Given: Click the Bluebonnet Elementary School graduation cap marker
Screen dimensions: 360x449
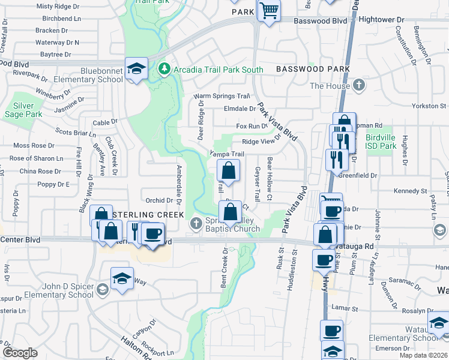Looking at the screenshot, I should coord(136,67).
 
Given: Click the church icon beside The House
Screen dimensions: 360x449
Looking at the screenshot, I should coord(359,85).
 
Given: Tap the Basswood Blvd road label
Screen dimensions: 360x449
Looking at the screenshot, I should coord(320,20).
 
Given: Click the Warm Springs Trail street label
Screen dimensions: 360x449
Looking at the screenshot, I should coord(221,96).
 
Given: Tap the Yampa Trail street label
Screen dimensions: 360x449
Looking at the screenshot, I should coord(226,154).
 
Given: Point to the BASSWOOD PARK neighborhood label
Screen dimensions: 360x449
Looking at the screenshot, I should coord(313,70).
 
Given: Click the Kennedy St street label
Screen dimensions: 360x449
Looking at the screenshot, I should coord(410,191).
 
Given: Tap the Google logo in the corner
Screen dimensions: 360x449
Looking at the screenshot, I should coord(20,353).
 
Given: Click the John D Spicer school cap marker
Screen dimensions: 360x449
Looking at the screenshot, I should coord(122,278).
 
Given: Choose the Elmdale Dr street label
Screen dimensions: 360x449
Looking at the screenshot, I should coord(240,109).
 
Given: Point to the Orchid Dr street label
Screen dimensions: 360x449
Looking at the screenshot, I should coord(159,200).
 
